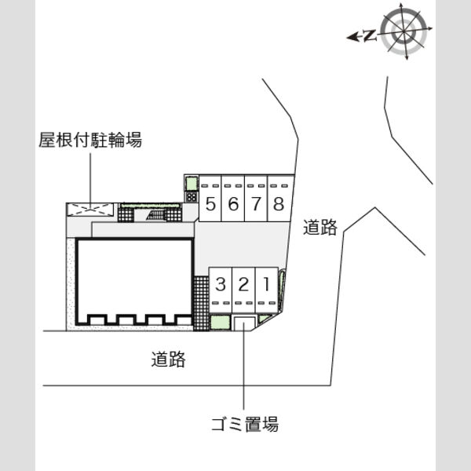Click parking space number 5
pyautogui.click(x=210, y=199)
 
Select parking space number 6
pyautogui.click(x=233, y=199)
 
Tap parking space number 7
pyautogui.click(x=256, y=199)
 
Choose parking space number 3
pyautogui.click(x=221, y=290)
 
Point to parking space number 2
pyautogui.click(x=243, y=290)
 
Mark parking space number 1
pyautogui.click(x=266, y=290)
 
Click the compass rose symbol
pyautogui.click(x=404, y=31)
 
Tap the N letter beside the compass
pyautogui.click(x=370, y=36)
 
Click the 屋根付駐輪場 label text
pyautogui.click(x=90, y=140)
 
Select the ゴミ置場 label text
pyautogui.click(x=245, y=424)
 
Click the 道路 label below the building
pyautogui.click(x=168, y=360)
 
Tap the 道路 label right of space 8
pyautogui.click(x=320, y=227)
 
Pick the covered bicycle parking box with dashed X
pyautogui.click(x=90, y=210)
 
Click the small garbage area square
pyautogui.click(x=244, y=323)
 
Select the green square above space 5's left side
pyautogui.click(x=192, y=184)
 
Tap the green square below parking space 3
pyautogui.click(x=220, y=323)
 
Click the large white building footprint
pyautogui.click(x=134, y=282)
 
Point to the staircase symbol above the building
pyautogui.click(x=156, y=215)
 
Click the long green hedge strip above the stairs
pyautogui.click(x=150, y=206)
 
